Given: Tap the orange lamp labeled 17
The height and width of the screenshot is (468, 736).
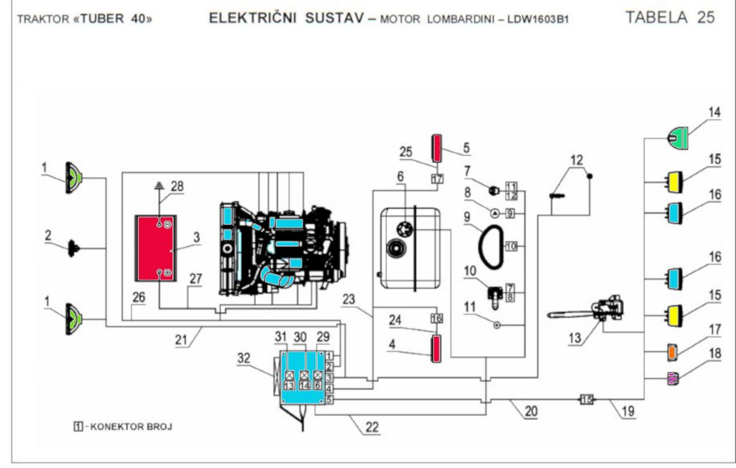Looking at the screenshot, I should tap(672, 352).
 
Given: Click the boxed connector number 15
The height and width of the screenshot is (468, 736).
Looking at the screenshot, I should tap(586, 400).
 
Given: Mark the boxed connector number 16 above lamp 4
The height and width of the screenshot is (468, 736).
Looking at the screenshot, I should tap(436, 318).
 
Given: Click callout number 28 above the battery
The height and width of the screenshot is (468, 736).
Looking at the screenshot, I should tap(177, 186).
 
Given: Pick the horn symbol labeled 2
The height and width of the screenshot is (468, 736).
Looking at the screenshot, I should tap(73, 248).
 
